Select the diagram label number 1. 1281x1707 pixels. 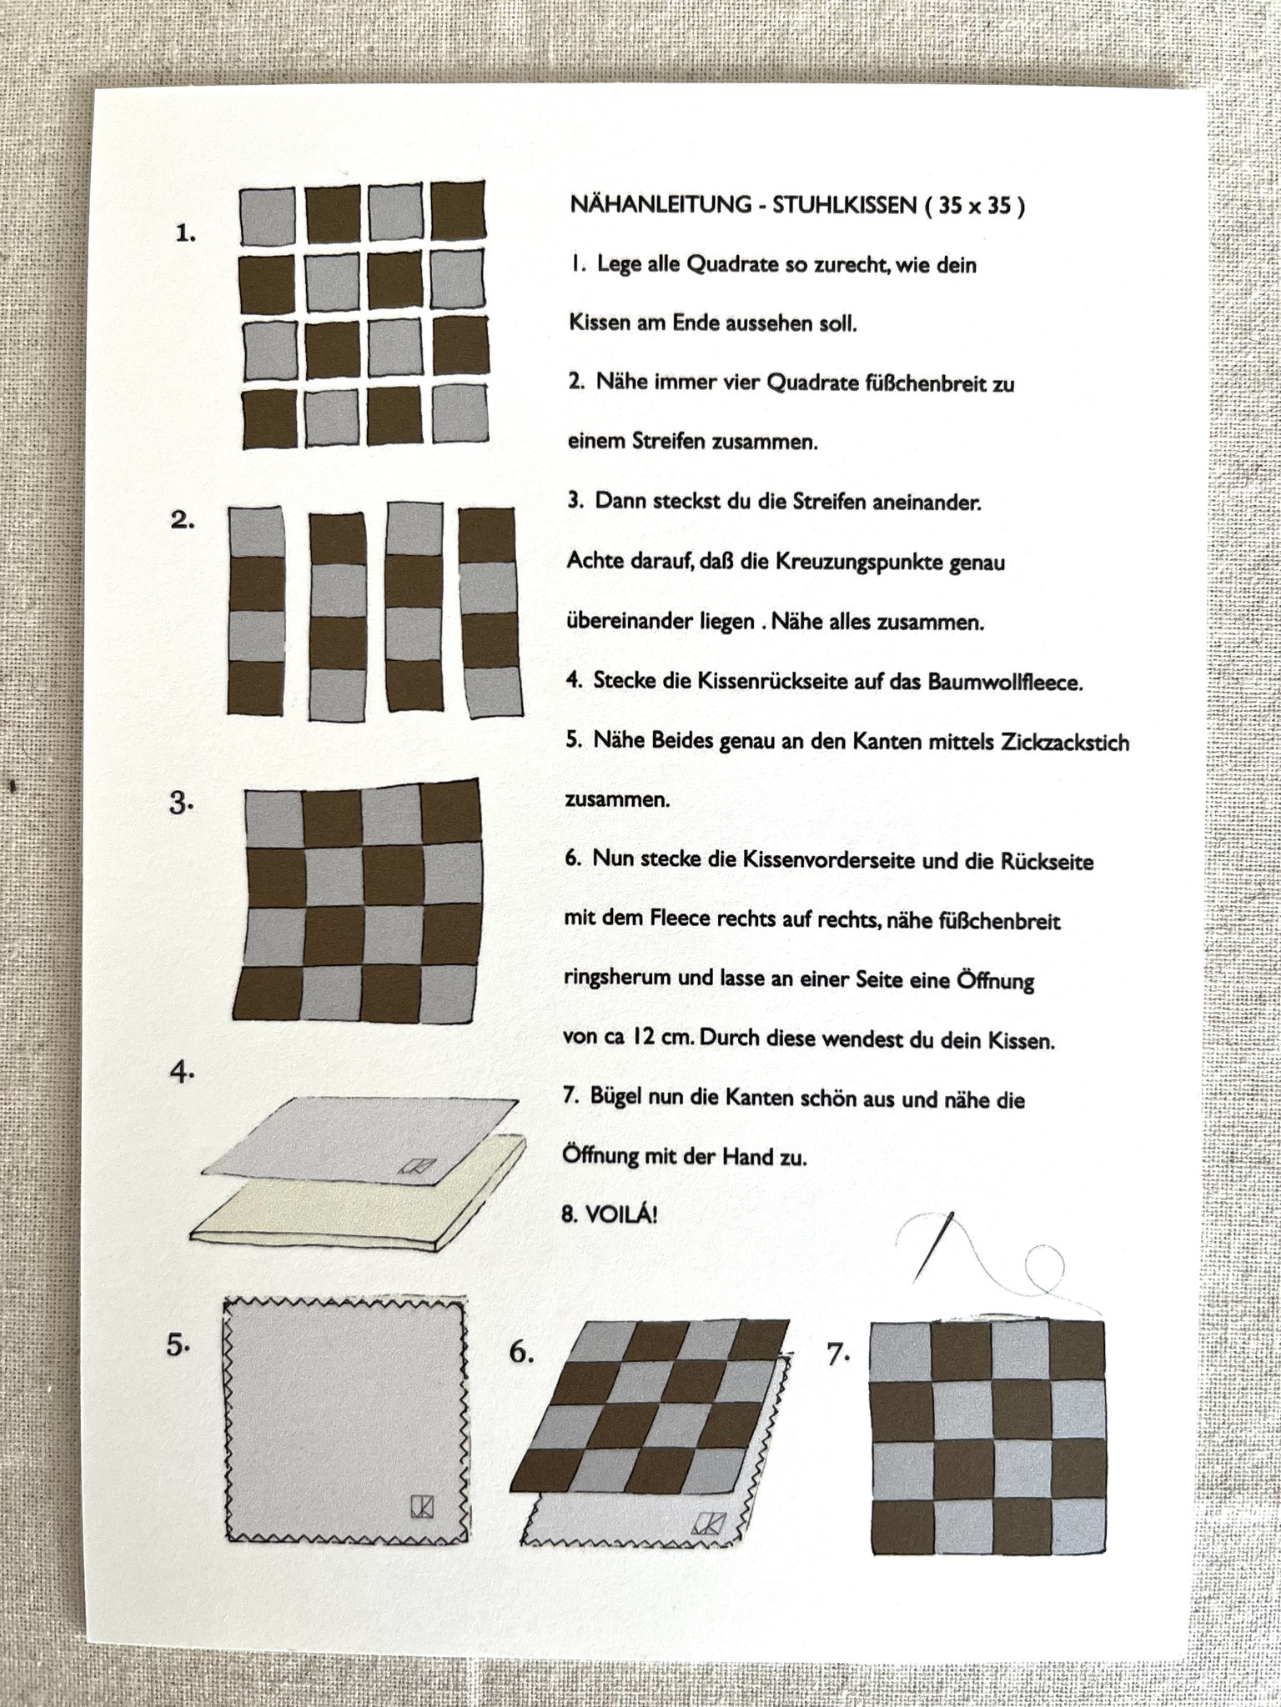(186, 234)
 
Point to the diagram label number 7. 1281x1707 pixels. (837, 1355)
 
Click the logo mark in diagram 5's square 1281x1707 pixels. (422, 1506)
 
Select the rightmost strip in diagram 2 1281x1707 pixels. (491, 612)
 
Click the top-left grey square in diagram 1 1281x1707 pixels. (267, 215)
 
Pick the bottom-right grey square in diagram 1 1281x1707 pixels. (459, 413)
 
